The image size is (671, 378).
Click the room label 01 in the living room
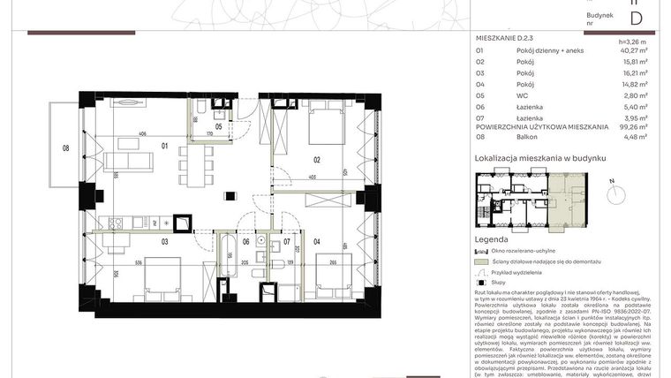coord(163,147)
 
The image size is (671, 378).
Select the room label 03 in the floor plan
coord(164,240)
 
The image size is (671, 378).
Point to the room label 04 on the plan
coord(318,240)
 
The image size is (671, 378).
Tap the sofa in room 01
coord(129,161)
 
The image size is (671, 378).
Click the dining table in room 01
coord(194,163)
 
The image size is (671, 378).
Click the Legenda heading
coord(491,239)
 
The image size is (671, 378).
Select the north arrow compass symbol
coord(612,189)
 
